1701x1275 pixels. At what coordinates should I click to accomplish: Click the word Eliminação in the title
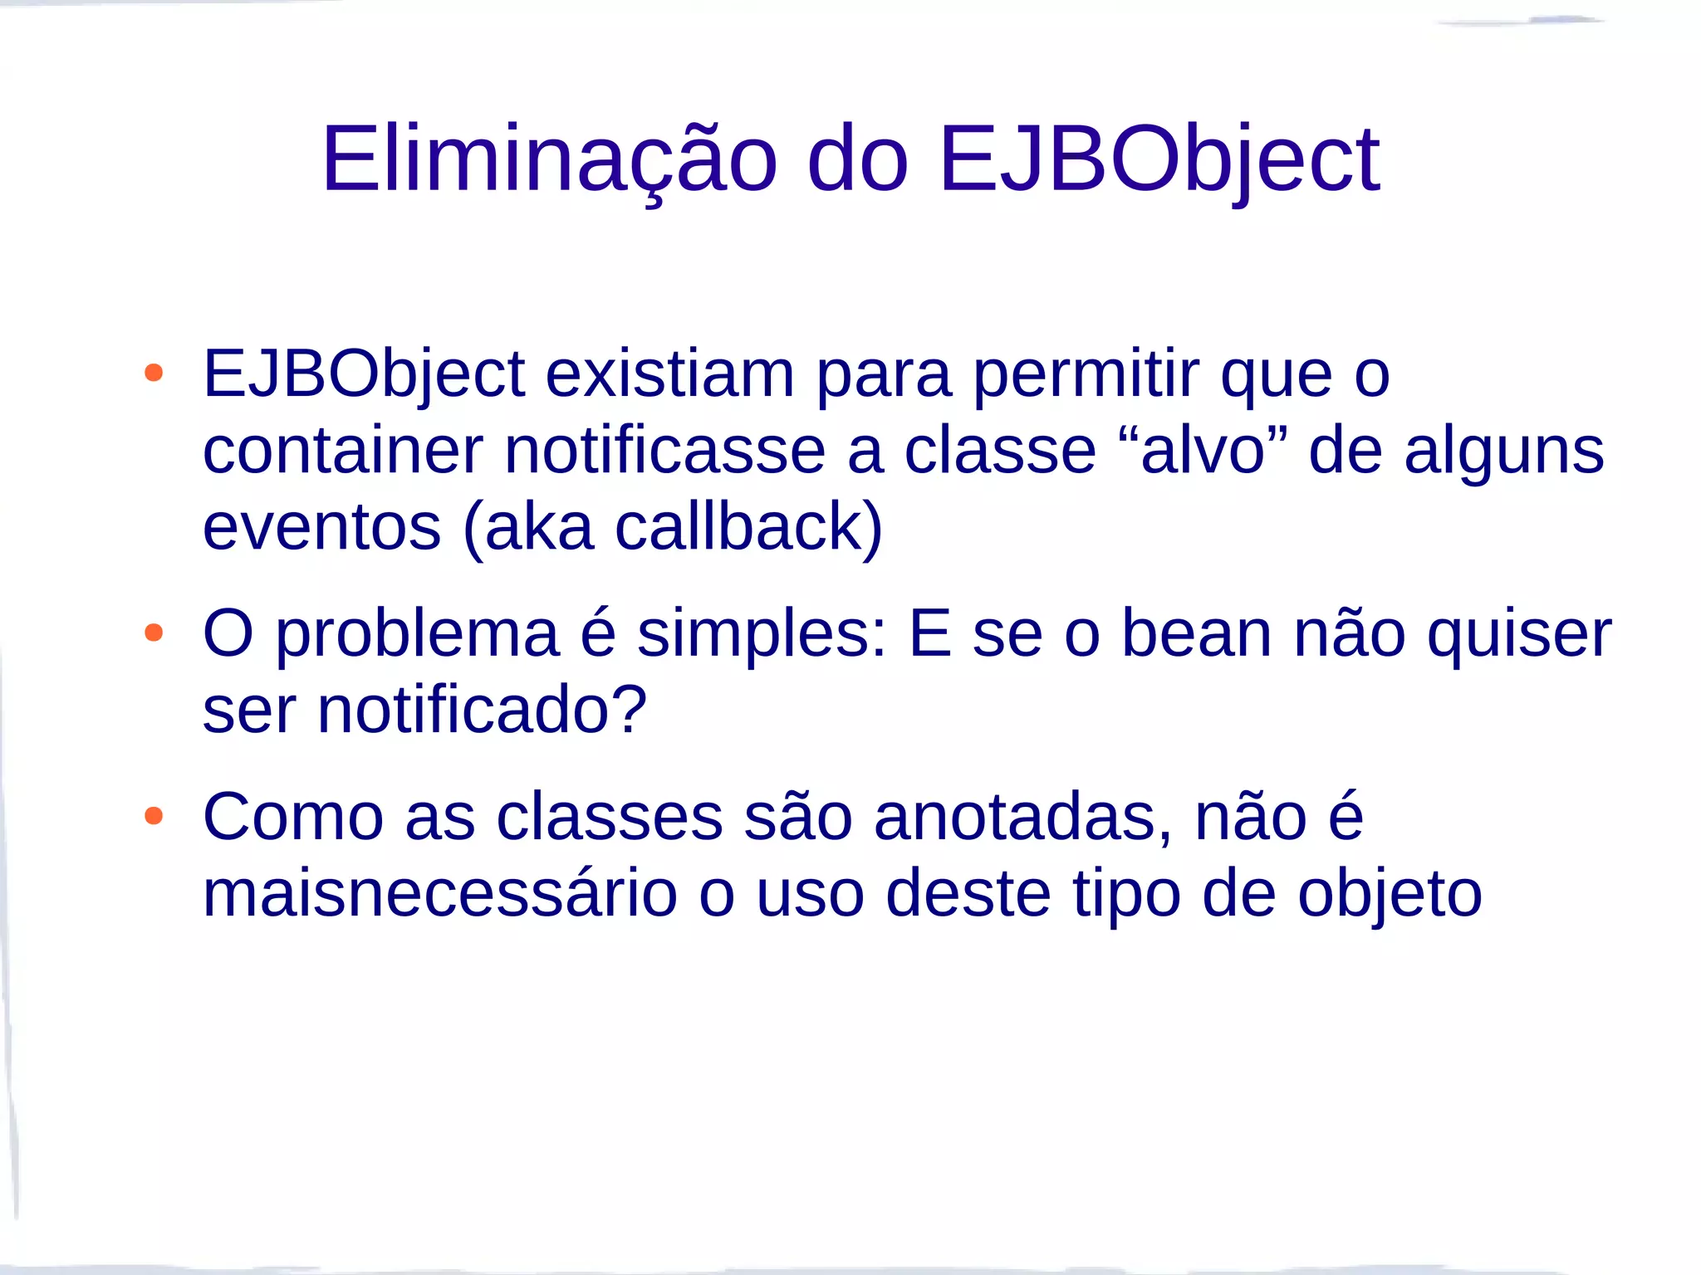pyautogui.click(x=549, y=159)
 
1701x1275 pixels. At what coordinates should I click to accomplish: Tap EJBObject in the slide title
pyautogui.click(x=1159, y=159)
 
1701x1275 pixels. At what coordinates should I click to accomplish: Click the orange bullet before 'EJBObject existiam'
pyautogui.click(x=154, y=373)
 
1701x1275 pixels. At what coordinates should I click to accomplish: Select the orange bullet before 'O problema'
pyautogui.click(x=154, y=633)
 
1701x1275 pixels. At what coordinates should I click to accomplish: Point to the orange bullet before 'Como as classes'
pyautogui.click(x=154, y=816)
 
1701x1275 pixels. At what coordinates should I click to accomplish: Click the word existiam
pyautogui.click(x=669, y=374)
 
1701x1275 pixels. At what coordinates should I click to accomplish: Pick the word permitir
pyautogui.click(x=1086, y=374)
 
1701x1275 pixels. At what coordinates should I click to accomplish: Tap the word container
pyautogui.click(x=343, y=451)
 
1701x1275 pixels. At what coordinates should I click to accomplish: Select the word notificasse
pyautogui.click(x=665, y=451)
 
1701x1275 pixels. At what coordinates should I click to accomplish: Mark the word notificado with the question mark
pyautogui.click(x=482, y=711)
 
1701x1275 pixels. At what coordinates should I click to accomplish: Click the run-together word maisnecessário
pyautogui.click(x=440, y=894)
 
